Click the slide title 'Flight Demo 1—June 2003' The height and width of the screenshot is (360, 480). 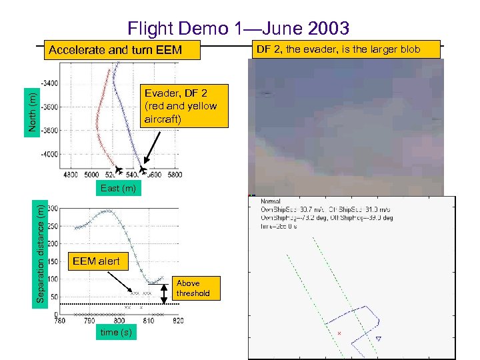click(238, 28)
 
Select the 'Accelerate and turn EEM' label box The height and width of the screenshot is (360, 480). click(115, 50)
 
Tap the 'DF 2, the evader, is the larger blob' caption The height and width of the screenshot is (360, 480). click(347, 49)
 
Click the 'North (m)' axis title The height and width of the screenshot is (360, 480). click(31, 111)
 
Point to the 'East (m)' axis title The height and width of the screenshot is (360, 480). click(118, 188)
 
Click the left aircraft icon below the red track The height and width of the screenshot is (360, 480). click(118, 169)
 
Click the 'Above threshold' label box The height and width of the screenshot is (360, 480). click(193, 288)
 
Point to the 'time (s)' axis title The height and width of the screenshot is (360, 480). click(116, 332)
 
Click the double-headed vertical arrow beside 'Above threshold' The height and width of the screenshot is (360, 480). click(165, 293)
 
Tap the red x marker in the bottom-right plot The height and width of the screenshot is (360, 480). click(339, 332)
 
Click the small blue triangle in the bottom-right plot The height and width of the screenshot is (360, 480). click(378, 339)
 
